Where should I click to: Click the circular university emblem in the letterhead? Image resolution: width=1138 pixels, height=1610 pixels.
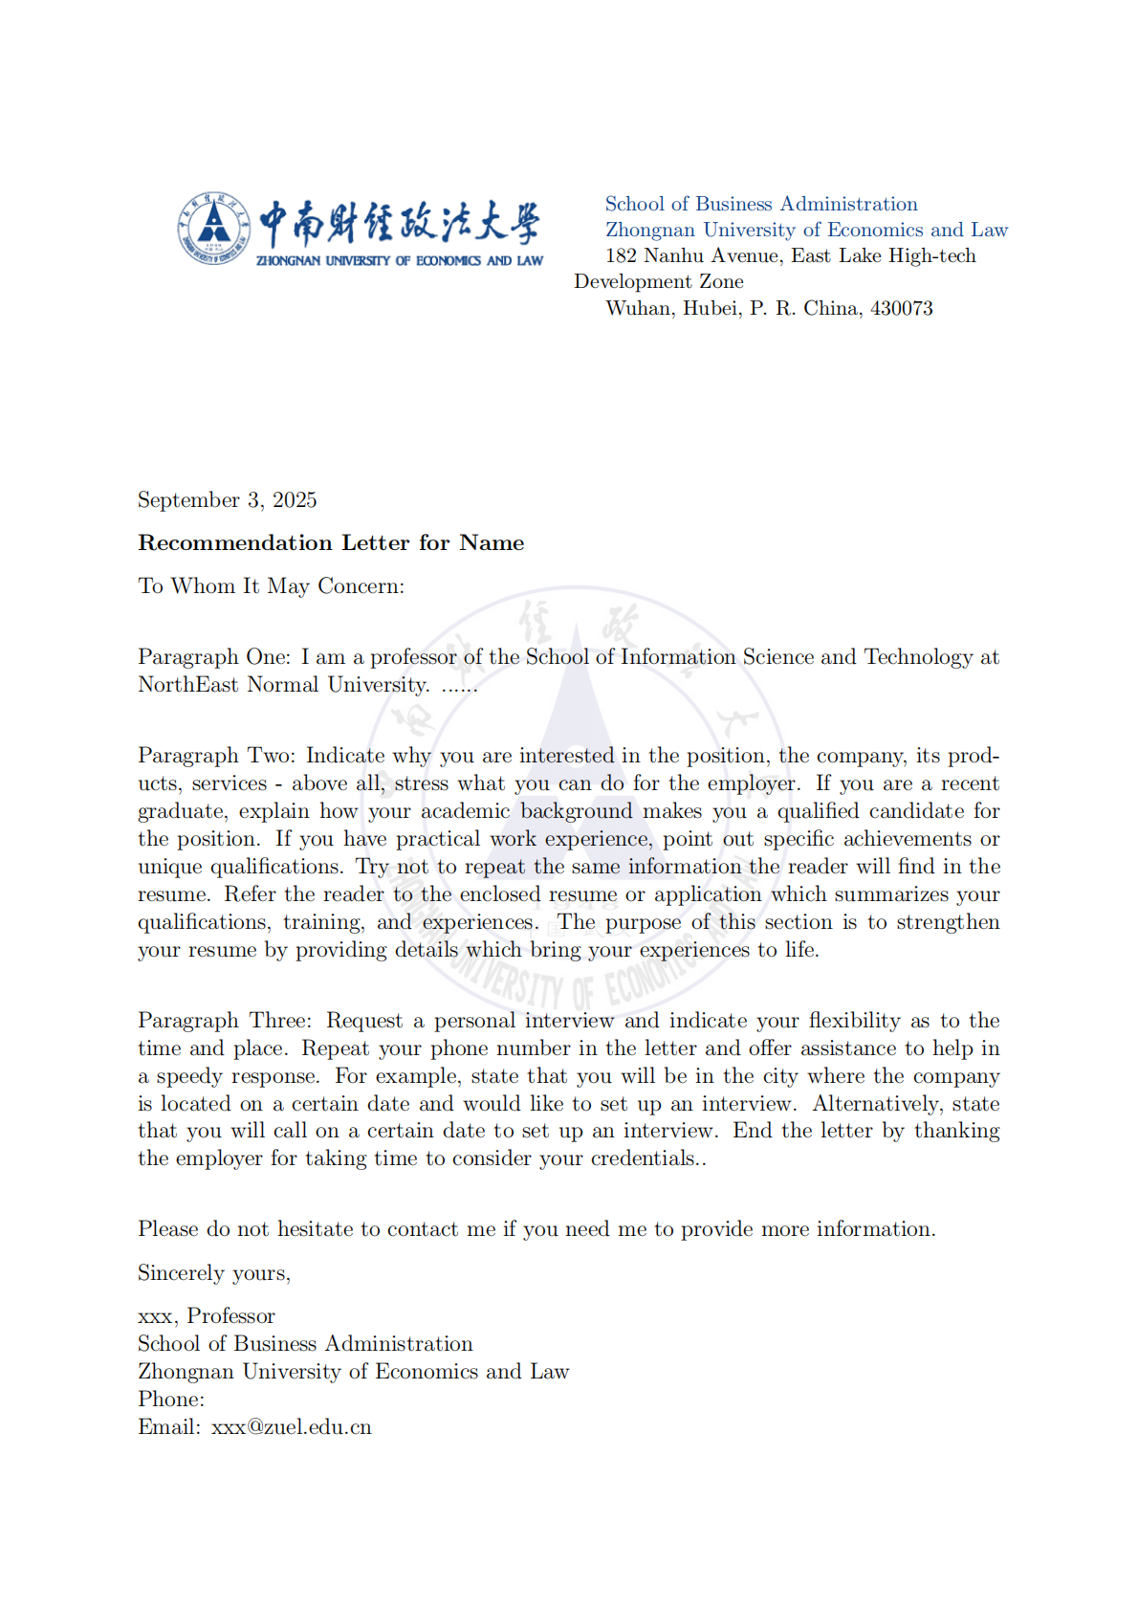point(212,229)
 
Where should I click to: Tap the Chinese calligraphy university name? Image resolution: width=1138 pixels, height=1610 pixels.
point(399,223)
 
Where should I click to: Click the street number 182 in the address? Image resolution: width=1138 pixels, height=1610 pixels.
point(620,255)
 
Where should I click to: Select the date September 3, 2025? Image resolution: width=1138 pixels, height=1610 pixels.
point(227,499)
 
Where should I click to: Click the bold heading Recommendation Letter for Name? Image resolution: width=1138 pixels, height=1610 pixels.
point(331,542)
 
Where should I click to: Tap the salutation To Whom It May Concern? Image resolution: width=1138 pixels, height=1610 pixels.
point(271,585)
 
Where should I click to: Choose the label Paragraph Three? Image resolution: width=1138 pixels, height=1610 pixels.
point(224,1020)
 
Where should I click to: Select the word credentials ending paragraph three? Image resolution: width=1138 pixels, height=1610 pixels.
point(644,1158)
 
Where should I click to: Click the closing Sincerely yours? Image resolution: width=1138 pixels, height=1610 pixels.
point(214,1272)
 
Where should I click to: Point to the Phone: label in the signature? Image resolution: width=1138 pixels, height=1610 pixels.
point(171,1399)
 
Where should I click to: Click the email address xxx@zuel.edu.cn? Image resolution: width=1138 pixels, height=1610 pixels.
point(291,1426)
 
